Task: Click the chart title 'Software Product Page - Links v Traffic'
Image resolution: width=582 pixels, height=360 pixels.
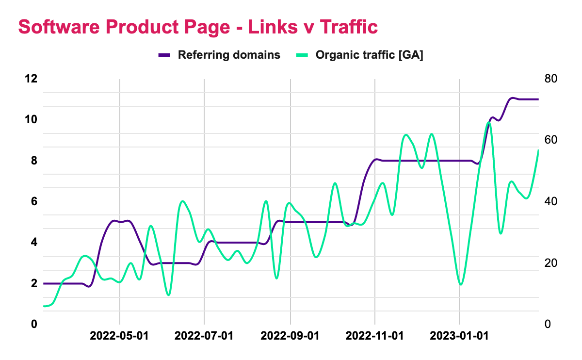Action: pos(198,27)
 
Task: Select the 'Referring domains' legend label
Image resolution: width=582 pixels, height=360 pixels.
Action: pos(229,55)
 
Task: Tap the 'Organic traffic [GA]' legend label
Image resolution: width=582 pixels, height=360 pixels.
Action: pos(370,55)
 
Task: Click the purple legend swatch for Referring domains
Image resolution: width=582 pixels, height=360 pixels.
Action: pos(164,55)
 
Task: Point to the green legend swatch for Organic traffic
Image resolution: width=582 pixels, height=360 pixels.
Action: pos(302,55)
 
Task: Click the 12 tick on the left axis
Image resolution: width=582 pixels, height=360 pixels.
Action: pos(31,79)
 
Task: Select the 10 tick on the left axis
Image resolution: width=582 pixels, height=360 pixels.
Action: pos(31,119)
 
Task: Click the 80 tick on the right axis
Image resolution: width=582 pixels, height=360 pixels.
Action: pos(551,79)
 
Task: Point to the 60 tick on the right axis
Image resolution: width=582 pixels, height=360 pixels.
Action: pos(551,140)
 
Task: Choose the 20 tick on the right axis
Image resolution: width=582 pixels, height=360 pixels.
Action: pos(551,263)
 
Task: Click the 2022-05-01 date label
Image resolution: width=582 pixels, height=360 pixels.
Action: pos(119,336)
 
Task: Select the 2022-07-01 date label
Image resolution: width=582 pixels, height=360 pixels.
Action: pos(204,336)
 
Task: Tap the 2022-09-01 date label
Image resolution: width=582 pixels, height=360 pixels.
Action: pos(290,336)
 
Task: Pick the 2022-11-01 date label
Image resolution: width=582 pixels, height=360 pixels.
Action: pos(375,336)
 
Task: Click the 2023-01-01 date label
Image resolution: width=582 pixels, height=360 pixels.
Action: pos(459,336)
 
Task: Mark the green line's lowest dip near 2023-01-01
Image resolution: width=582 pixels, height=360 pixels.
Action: pos(461,284)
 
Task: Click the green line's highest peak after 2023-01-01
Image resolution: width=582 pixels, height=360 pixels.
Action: pos(488,122)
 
